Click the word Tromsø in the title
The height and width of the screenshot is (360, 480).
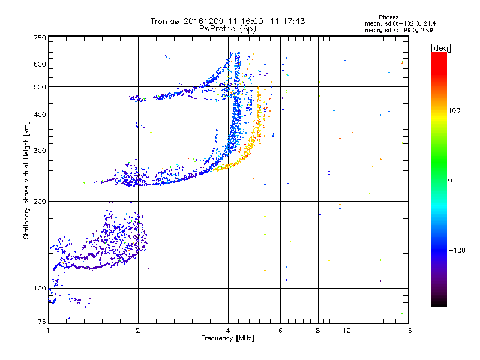point(166,21)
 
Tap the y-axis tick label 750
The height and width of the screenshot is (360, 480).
point(40,37)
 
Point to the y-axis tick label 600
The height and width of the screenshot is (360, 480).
point(40,64)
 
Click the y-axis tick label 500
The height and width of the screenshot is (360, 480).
point(40,86)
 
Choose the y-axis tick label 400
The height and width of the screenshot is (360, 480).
point(40,115)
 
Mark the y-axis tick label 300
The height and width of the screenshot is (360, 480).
point(40,151)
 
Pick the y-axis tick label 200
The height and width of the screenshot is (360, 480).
point(40,201)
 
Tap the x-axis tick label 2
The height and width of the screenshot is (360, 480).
point(138,331)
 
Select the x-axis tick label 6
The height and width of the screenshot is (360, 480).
point(280,331)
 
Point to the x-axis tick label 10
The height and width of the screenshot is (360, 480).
point(346,331)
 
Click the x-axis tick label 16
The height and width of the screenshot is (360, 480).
point(407,331)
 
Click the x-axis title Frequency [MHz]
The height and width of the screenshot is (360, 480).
point(228,339)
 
